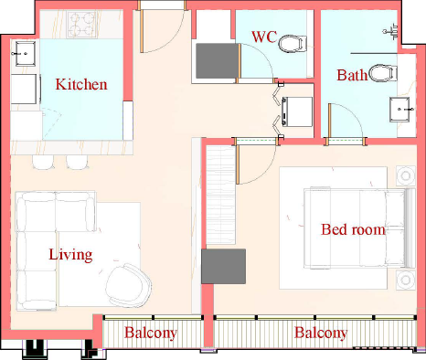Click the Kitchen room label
pos(81,84)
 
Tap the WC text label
pos(264,37)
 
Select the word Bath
pos(352,75)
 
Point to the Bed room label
pos(353,229)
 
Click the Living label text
pos(70,255)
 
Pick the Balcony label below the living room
pos(151,333)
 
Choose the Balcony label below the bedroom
pos(321,333)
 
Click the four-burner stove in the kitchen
pos(81,25)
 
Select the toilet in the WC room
pos(293,44)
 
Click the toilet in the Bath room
pos(383,73)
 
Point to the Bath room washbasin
pos(399,110)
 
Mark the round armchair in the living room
pos(129,285)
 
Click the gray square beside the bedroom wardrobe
pos(224,267)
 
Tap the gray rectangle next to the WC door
pos(217,61)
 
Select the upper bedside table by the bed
pos(406,175)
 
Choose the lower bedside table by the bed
pos(406,280)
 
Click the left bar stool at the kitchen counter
pos(44,162)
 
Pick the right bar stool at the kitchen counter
pos(78,162)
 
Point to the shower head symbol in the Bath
pos(391,31)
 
